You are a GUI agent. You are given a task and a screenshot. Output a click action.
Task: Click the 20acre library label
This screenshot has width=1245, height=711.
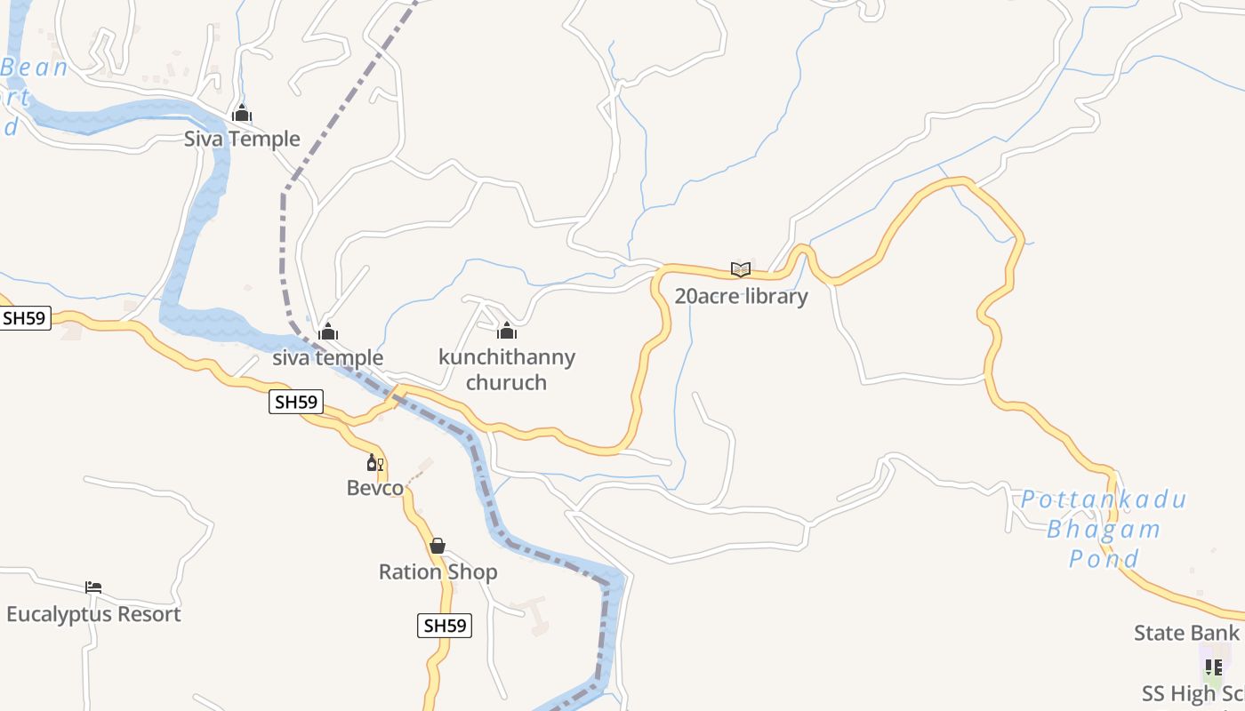click(741, 296)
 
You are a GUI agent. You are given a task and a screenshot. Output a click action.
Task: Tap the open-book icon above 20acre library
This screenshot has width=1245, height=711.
click(741, 269)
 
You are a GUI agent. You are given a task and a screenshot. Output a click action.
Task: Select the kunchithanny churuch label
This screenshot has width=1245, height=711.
click(507, 370)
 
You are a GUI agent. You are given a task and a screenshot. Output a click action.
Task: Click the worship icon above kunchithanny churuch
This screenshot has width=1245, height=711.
click(507, 332)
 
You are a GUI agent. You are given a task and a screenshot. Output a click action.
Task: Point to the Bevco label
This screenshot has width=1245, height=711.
click(374, 488)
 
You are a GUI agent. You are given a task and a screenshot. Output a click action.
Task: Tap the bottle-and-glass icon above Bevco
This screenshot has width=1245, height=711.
click(374, 463)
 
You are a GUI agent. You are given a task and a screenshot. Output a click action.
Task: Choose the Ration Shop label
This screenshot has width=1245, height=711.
click(438, 571)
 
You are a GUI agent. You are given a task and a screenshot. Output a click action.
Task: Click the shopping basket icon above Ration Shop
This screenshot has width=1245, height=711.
click(438, 546)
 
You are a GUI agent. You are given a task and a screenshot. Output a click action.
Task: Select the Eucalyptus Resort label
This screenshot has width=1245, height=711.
click(93, 614)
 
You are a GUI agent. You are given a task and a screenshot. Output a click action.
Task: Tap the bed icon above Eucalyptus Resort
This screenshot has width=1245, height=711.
click(93, 587)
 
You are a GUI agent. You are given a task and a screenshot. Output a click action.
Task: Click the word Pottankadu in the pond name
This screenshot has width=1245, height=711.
click(1103, 499)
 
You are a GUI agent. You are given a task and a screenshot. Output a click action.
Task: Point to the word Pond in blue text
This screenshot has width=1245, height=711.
click(1104, 559)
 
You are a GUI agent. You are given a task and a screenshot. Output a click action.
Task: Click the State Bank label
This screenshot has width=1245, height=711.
click(1186, 633)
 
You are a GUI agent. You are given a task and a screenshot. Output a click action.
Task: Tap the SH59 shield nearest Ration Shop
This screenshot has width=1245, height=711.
click(444, 626)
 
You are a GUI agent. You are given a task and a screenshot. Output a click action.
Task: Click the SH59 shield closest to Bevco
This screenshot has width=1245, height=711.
click(296, 402)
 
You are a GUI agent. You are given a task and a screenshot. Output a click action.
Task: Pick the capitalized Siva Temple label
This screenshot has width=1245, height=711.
click(242, 140)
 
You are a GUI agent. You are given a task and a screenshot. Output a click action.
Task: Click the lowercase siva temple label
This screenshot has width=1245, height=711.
click(327, 358)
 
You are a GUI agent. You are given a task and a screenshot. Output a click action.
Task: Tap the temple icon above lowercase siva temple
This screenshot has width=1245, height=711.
click(328, 332)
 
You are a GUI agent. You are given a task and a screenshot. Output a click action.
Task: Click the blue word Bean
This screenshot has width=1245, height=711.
click(35, 68)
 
